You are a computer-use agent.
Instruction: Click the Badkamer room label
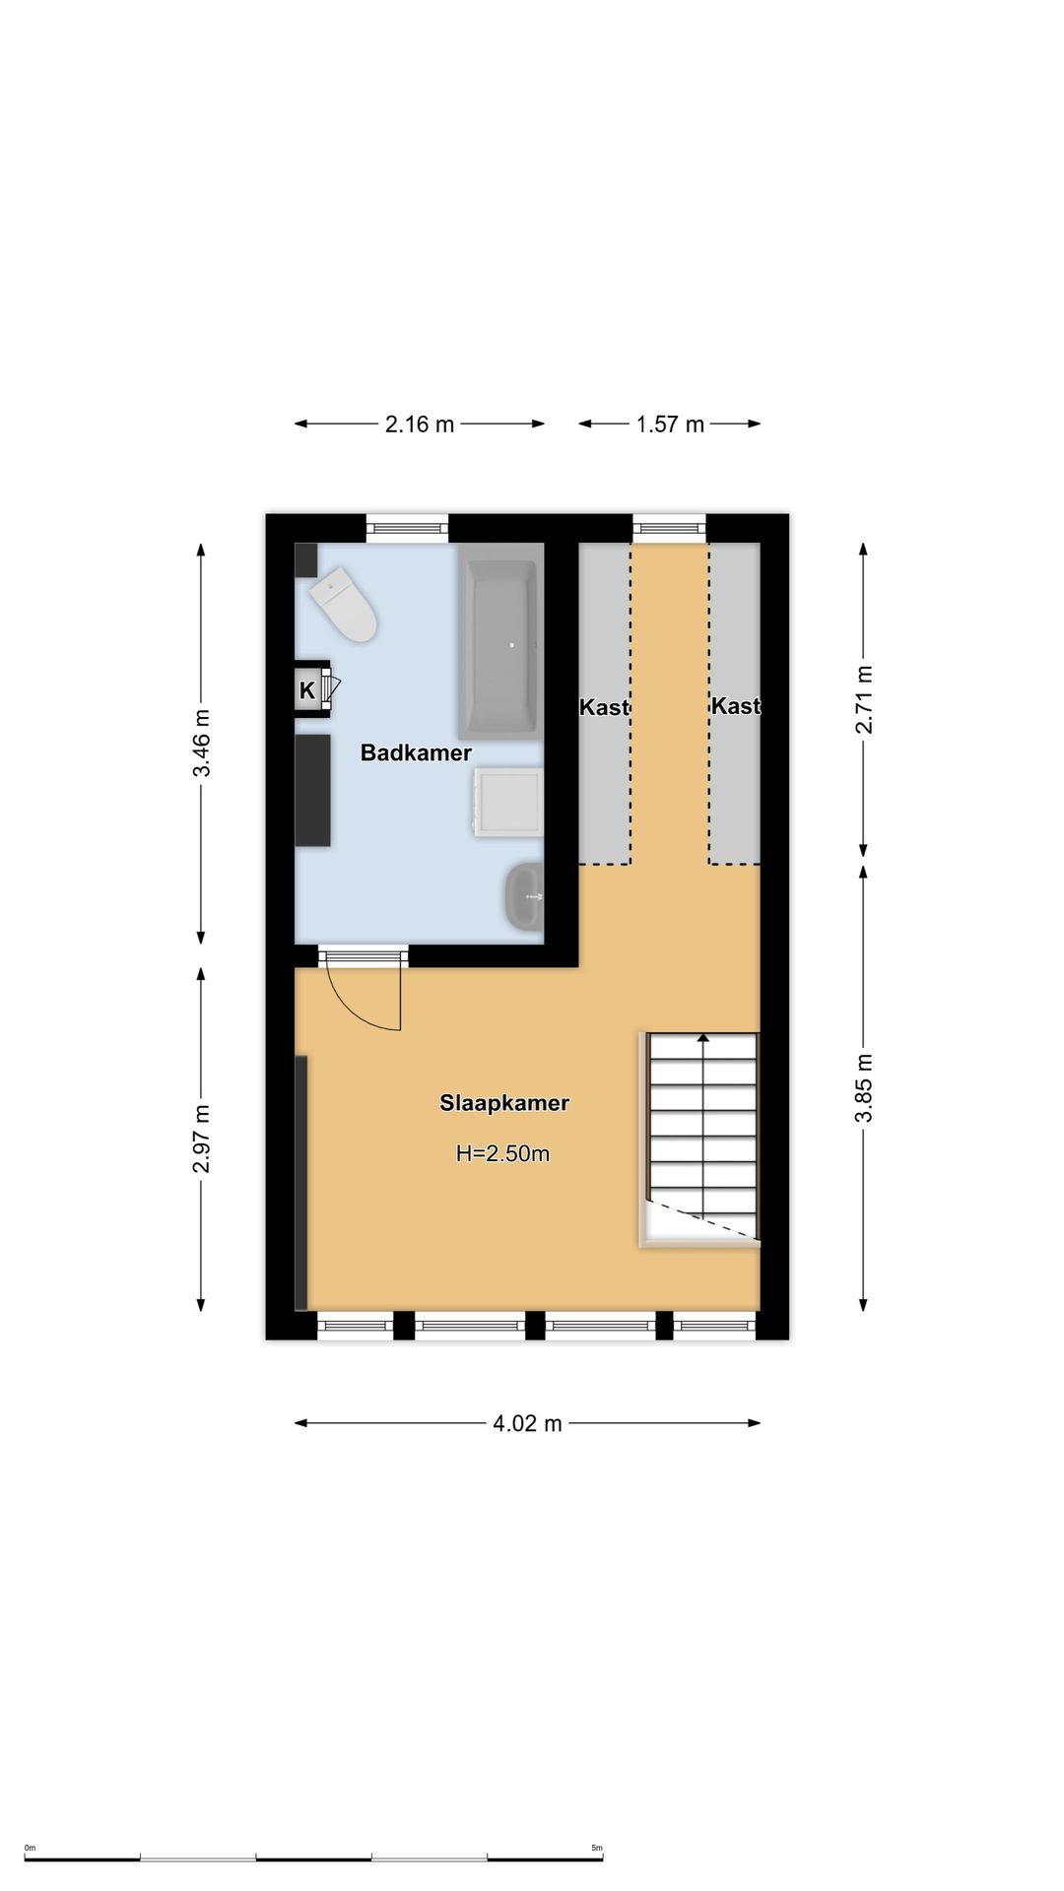416,753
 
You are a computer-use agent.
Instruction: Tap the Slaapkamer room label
504,1103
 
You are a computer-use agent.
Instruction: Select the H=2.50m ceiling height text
502,1153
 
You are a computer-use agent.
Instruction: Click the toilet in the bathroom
345,604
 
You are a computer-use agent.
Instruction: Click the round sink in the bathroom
524,896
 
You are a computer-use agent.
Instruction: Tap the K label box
307,690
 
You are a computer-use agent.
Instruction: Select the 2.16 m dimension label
420,424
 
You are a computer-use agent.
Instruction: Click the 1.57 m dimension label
670,424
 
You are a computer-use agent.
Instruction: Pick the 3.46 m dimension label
201,743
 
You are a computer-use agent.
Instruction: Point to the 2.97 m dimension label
201,1139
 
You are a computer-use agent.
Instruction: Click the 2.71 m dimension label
864,699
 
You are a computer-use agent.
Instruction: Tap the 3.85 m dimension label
864,1087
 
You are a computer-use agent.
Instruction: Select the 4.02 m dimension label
527,1423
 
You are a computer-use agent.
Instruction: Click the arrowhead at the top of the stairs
702,1037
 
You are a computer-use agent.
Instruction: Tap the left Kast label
604,707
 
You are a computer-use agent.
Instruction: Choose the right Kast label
735,706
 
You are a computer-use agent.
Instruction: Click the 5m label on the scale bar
597,1848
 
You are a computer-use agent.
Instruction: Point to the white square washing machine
507,803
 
